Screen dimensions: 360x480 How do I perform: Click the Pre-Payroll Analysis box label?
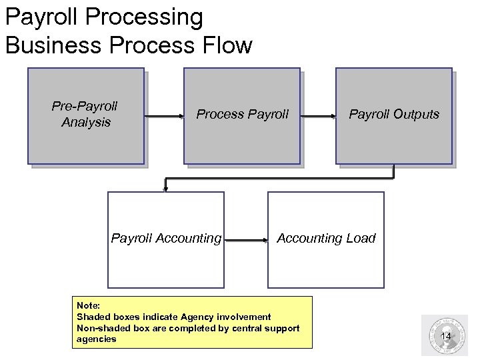tap(85, 114)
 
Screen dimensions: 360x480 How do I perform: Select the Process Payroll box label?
tap(242, 114)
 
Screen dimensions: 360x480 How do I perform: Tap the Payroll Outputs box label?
tap(394, 114)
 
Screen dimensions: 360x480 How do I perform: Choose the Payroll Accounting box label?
tap(166, 238)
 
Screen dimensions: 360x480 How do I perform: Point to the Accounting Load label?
tap(326, 238)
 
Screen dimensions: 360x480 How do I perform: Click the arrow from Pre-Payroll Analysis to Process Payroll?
tap(163, 116)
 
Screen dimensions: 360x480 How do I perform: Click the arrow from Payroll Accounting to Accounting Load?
tap(245, 238)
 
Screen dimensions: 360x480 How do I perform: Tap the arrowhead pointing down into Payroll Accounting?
tap(165, 189)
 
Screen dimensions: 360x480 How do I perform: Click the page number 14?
tap(446, 336)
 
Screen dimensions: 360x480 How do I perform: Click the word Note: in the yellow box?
tap(89, 306)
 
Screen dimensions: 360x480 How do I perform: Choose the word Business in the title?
tap(53, 45)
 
